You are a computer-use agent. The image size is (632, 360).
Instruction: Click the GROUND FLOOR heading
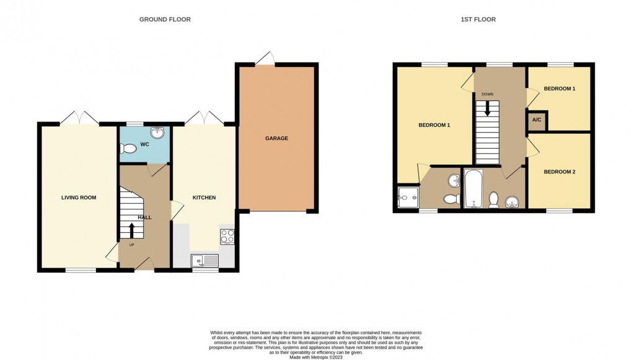(165, 19)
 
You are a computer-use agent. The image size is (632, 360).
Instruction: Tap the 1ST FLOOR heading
(478, 19)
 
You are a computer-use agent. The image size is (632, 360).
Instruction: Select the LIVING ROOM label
(79, 198)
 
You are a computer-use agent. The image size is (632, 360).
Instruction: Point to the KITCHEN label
(204, 198)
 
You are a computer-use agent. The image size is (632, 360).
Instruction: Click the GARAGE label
(276, 138)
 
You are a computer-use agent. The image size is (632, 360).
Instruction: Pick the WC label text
(144, 144)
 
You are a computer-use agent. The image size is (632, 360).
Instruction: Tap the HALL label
(144, 217)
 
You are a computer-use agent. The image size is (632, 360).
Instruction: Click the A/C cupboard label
(537, 121)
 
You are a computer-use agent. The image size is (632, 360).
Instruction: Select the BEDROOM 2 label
(560, 172)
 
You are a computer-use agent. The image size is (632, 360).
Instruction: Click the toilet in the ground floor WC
(129, 149)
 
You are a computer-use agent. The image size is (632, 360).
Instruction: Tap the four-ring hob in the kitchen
(227, 236)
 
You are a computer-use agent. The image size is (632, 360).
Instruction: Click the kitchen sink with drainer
(205, 260)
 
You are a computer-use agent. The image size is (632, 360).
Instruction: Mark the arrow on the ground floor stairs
(131, 230)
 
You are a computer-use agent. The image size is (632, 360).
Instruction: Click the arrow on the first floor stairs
(488, 109)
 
